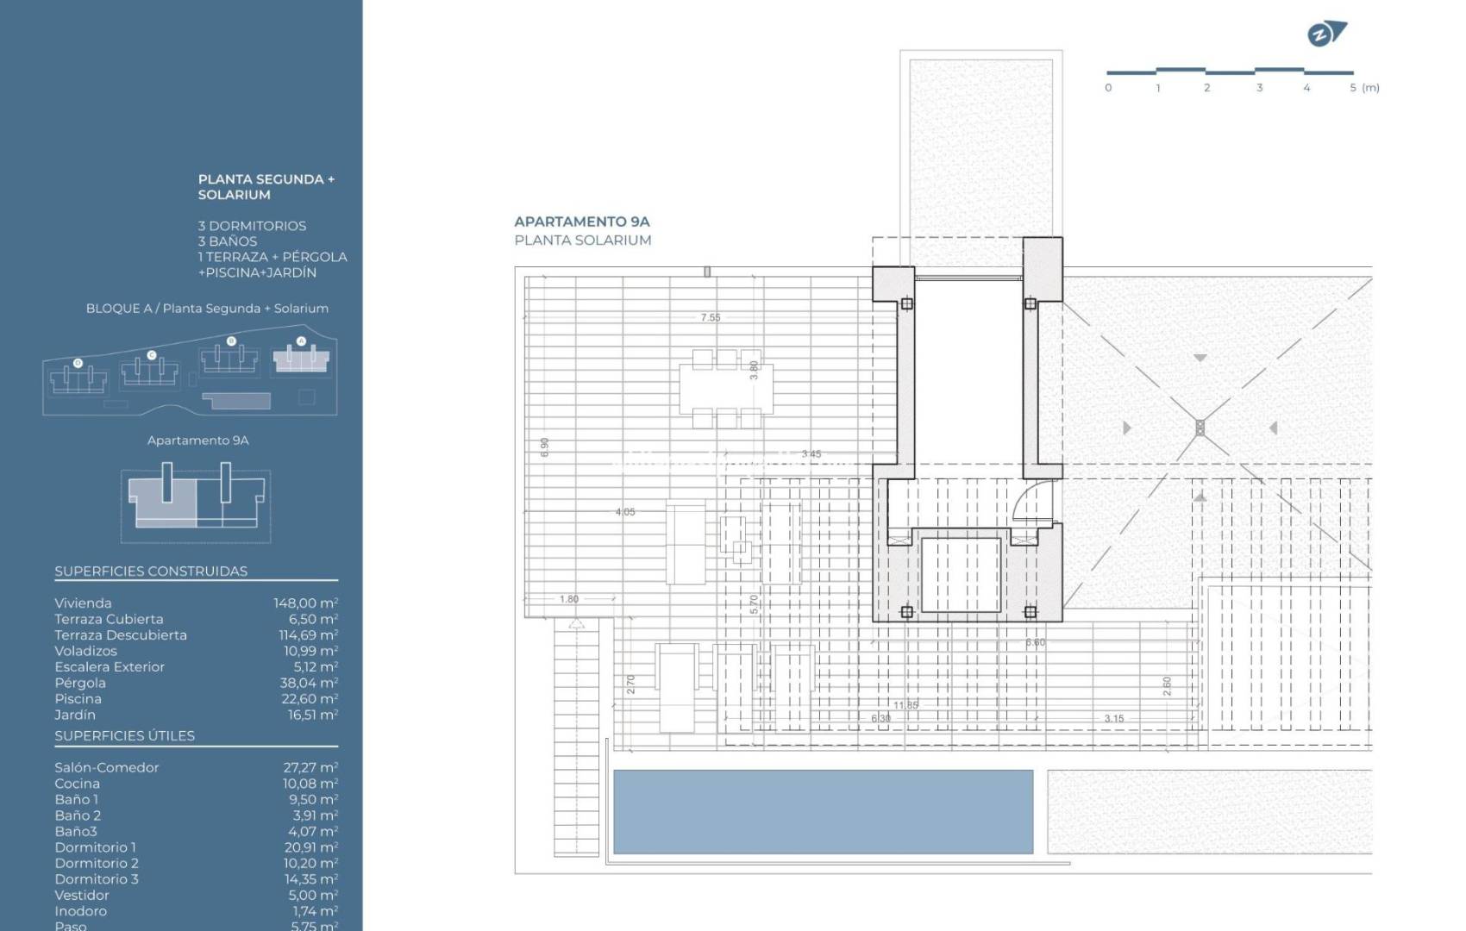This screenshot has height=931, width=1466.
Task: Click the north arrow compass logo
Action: pos(1326,34)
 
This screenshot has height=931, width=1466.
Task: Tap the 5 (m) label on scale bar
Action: pos(1363,88)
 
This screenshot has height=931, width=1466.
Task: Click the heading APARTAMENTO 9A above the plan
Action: pos(582,222)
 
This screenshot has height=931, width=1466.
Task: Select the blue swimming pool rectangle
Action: pos(823,811)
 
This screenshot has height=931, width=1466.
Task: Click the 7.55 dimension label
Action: pos(710,317)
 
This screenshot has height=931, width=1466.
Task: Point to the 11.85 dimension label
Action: pos(905,705)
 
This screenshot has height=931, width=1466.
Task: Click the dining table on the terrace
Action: pos(726,389)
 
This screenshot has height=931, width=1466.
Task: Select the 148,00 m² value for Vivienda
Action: pos(305,603)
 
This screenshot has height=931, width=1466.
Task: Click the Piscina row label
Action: pos(78,699)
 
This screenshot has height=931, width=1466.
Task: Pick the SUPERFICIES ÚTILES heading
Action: pos(124,735)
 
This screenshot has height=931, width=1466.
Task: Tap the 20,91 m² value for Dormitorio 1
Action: pos(310,847)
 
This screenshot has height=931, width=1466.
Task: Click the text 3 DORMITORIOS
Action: pos(252,226)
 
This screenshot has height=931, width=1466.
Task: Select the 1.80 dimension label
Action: pos(569,599)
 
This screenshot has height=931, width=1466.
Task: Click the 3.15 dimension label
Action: pos(1113,718)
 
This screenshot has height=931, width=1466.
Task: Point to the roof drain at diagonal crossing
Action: pos(1200,428)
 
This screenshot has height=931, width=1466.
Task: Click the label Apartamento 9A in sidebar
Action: pos(197,441)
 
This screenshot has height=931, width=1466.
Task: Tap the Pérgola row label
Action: pos(80,683)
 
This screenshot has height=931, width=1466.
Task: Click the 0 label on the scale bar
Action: pos(1108,88)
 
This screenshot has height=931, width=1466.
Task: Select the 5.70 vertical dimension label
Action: pos(754,604)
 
